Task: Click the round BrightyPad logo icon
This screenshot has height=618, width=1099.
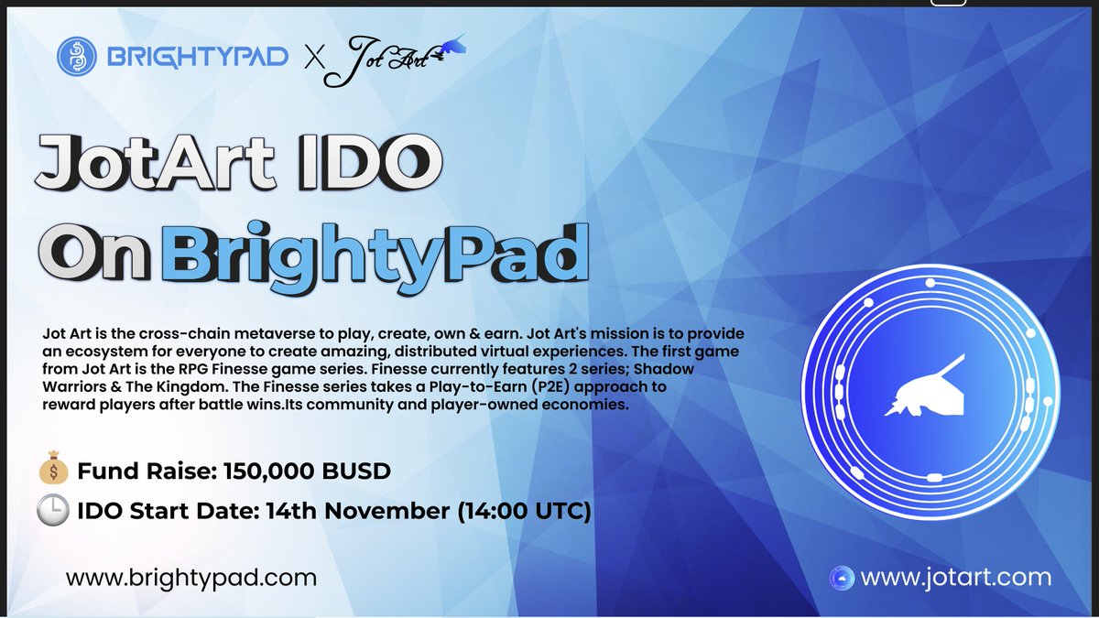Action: pyautogui.click(x=79, y=58)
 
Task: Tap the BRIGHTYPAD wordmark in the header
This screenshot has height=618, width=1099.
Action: pyautogui.click(x=198, y=59)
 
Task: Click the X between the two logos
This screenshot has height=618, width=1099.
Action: pyautogui.click(x=314, y=60)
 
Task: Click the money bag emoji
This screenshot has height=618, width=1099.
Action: pyautogui.click(x=54, y=472)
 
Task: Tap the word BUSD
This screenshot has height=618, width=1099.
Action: pyautogui.click(x=358, y=472)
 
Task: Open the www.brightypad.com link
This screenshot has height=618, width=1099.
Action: pyautogui.click(x=190, y=578)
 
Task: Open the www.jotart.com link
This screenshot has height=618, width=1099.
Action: pyautogui.click(x=956, y=578)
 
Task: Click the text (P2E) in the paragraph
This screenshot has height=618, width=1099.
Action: pyautogui.click(x=504, y=387)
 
